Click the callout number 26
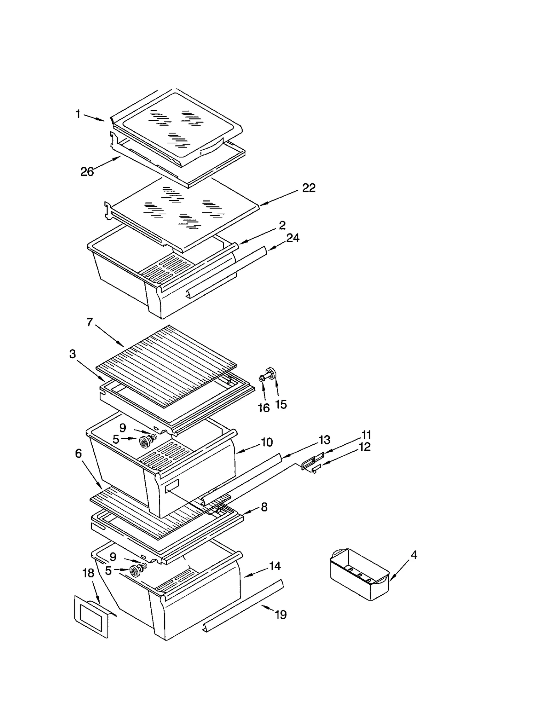87,172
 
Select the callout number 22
309,188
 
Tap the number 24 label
292,238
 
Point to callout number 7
89,323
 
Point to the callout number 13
324,440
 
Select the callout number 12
364,447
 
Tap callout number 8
264,507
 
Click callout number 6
78,453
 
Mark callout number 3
72,354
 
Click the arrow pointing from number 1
93,117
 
